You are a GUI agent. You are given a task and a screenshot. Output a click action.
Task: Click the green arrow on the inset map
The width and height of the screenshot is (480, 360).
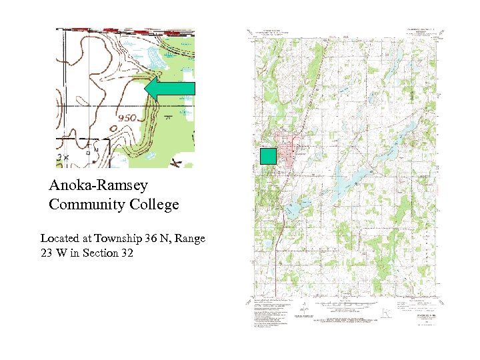click(x=169, y=89)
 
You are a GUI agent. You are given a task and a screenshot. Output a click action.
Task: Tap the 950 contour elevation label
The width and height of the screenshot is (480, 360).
click(x=127, y=118)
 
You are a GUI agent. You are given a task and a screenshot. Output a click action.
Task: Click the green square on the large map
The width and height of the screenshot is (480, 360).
click(x=268, y=156)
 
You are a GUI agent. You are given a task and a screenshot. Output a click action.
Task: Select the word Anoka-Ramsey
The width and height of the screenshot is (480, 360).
click(x=99, y=185)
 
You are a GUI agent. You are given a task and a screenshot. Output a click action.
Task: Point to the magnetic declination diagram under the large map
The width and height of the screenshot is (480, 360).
click(x=303, y=309)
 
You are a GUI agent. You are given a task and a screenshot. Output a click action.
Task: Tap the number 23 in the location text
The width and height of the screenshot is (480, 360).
click(x=47, y=253)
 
